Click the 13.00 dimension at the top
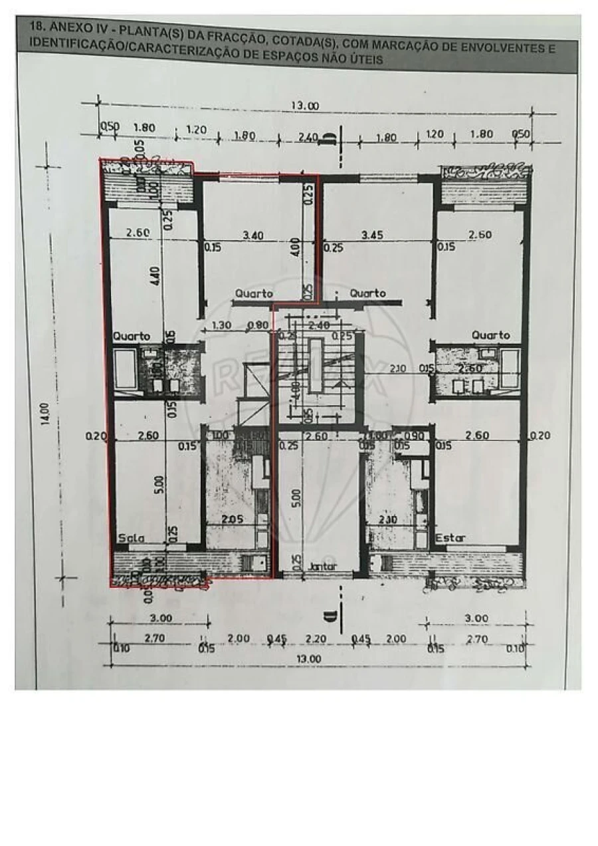(305, 106)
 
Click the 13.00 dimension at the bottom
(309, 658)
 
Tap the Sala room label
(131, 537)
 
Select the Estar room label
(450, 537)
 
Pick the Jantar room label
(323, 567)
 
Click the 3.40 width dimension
(253, 235)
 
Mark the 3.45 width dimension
(375, 235)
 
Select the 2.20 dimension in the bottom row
(316, 638)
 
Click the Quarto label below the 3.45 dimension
(367, 293)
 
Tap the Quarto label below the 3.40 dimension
(252, 293)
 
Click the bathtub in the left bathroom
(124, 370)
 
